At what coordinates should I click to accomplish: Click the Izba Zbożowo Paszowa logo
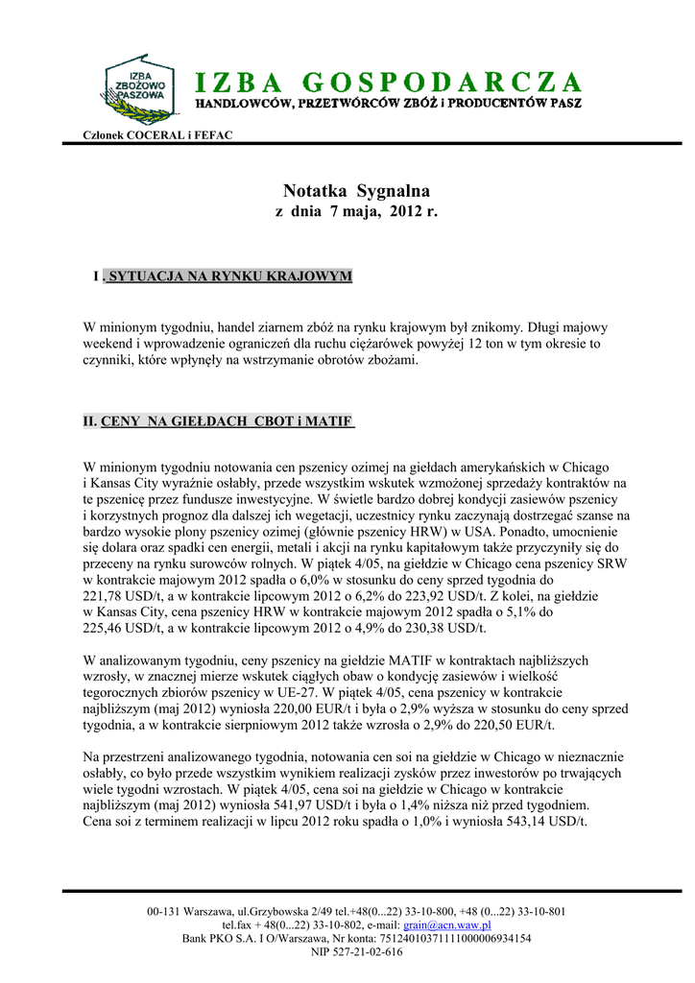point(138,88)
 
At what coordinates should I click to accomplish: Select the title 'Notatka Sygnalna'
point(356,190)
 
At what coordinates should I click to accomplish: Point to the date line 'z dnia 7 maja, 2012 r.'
point(356,210)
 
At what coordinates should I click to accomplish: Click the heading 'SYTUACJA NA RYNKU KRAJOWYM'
point(228,276)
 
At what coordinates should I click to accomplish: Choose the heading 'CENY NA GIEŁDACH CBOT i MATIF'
point(228,420)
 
